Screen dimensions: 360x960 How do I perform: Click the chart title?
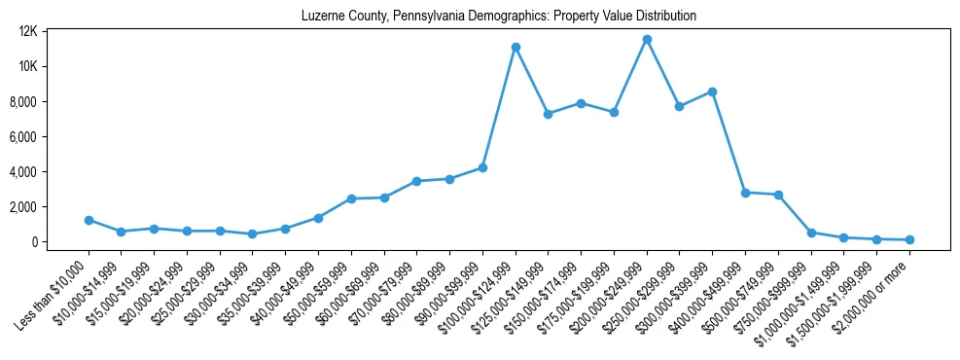pyautogui.click(x=499, y=17)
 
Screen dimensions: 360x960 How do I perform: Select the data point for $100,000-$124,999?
pyautogui.click(x=516, y=47)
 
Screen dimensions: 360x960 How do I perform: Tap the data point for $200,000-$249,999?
pyautogui.click(x=647, y=39)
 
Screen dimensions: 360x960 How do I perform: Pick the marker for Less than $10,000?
pyautogui.click(x=89, y=220)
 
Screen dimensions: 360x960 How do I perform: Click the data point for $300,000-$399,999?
pyautogui.click(x=713, y=91)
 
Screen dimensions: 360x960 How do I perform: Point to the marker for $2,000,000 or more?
pyautogui.click(x=909, y=239)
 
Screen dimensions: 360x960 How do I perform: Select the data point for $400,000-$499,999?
pyautogui.click(x=746, y=193)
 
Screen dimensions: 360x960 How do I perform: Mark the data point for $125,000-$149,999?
pyautogui.click(x=549, y=114)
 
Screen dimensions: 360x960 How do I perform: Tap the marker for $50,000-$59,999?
pyautogui.click(x=351, y=198)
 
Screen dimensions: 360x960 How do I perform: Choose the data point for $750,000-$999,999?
pyautogui.click(x=811, y=233)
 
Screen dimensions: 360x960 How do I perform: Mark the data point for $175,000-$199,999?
pyautogui.click(x=614, y=112)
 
